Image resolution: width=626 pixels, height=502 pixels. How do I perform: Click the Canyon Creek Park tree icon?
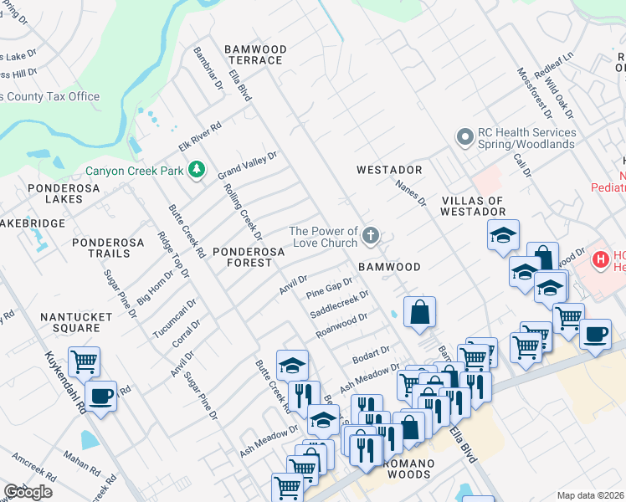[197, 171]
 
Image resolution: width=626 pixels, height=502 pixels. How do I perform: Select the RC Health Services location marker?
[464, 137]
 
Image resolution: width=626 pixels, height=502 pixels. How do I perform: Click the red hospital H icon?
[600, 260]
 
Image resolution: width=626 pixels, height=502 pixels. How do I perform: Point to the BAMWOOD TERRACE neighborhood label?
[255, 55]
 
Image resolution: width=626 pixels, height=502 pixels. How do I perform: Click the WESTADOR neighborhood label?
[389, 170]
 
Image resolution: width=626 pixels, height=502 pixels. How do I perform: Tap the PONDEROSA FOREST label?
[242, 257]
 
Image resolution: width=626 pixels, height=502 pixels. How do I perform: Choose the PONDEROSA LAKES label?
[64, 194]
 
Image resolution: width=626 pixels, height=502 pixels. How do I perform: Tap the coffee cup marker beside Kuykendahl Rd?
[101, 397]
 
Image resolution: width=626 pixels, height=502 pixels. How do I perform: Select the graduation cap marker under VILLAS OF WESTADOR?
[503, 236]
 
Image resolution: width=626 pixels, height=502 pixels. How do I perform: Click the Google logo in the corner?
[28, 492]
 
